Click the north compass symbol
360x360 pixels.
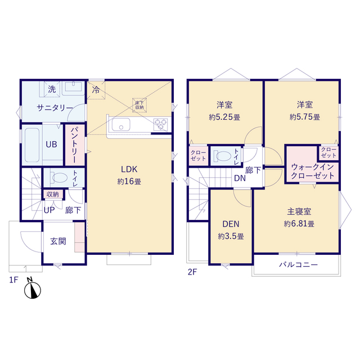33,289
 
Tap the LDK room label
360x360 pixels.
129,169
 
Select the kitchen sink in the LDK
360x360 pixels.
121,125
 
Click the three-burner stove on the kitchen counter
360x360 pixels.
160,125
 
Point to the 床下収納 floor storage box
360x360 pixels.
139,105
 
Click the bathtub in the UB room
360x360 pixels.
32,145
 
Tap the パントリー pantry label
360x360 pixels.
75,145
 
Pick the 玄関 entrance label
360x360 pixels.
58,241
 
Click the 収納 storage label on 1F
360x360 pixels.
53,195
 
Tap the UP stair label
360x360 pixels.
49,210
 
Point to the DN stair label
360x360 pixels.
240,178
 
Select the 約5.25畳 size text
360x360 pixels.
224,118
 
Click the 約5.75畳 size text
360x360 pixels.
305,117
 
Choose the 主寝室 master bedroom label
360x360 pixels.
299,211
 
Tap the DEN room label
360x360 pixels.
231,224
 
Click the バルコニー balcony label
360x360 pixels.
298,265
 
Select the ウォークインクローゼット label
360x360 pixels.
313,171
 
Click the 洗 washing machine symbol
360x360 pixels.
52,89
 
